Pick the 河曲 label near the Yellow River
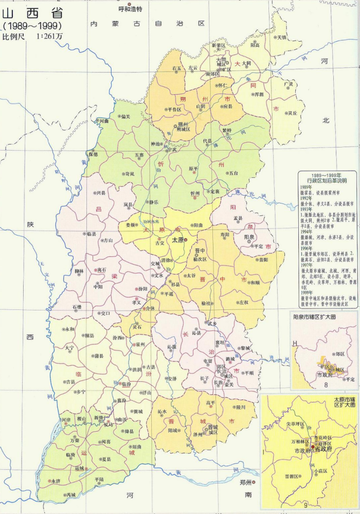(x=104, y=121)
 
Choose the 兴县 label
(x=101, y=193)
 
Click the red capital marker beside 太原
(x=187, y=240)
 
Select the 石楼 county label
(x=77, y=307)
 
